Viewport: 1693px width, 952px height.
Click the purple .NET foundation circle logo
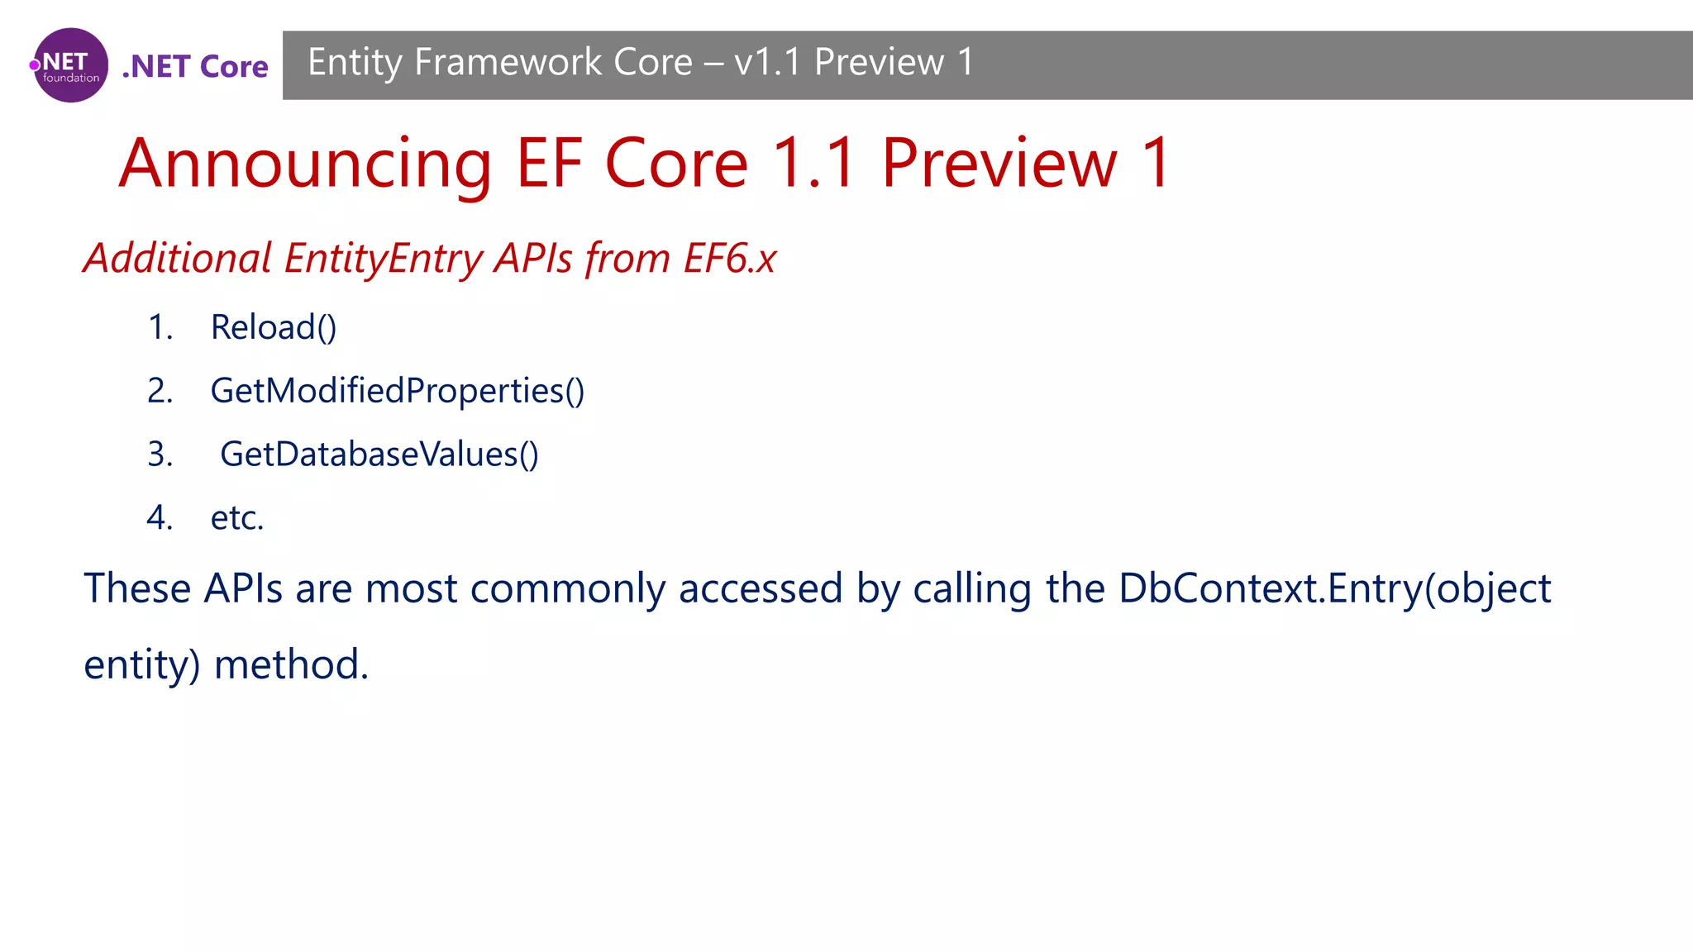(70, 65)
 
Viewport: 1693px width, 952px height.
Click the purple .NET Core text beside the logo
(195, 67)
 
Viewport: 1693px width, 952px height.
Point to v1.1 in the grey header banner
(766, 63)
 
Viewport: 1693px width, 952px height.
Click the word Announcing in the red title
(305, 164)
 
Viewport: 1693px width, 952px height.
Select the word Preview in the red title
(999, 164)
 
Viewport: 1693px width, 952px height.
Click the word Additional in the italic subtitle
(178, 259)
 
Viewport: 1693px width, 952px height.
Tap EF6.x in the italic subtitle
(729, 259)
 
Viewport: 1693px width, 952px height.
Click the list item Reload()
(274, 327)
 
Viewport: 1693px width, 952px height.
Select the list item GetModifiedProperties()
(397, 391)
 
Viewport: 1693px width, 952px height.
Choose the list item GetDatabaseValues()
(379, 455)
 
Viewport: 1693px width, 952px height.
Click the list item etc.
(237, 518)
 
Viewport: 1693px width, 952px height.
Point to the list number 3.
(160, 455)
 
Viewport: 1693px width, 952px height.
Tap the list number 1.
(160, 327)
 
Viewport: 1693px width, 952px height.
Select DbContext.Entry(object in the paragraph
(1334, 589)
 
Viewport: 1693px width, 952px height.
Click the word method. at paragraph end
(291, 664)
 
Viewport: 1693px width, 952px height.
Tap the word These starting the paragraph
(137, 589)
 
